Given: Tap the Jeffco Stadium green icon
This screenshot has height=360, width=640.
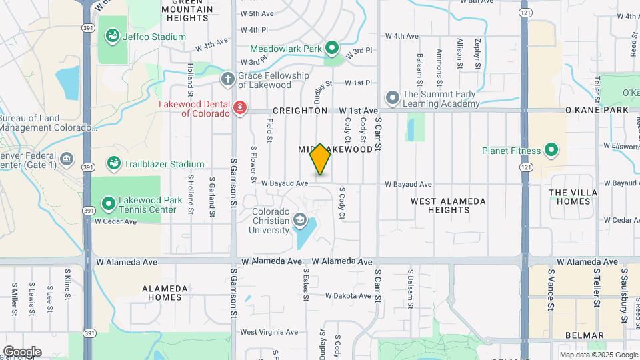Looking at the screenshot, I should [113, 37].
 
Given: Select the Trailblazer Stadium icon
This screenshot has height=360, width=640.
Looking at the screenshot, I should [113, 164].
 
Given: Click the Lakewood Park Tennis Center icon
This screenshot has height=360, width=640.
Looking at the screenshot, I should [108, 205].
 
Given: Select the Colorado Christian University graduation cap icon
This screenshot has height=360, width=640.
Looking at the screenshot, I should [299, 221].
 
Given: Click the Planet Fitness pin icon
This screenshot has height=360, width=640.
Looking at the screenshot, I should [551, 150].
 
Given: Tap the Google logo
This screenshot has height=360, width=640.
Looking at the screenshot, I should [22, 351].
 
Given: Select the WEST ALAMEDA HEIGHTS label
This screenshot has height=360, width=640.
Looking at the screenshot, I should [448, 205].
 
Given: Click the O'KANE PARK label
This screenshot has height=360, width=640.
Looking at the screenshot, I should [597, 110].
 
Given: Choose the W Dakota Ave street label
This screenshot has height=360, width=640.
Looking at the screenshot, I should [347, 295].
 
